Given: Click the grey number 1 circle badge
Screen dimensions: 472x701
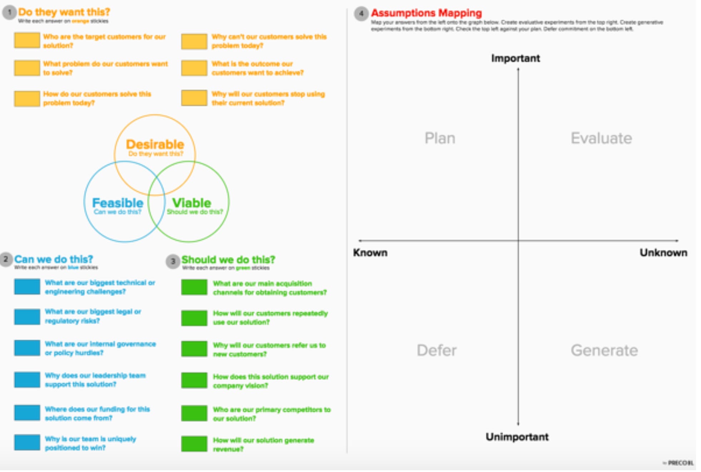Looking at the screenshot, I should click(x=9, y=12).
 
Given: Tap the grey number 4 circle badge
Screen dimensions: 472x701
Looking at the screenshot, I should click(x=361, y=14).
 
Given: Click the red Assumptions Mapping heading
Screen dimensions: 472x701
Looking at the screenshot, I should click(x=426, y=13).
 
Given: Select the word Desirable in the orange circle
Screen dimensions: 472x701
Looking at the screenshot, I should click(x=155, y=144).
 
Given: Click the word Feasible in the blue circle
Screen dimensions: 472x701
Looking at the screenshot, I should click(x=118, y=203).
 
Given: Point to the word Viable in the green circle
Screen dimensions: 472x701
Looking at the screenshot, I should click(x=192, y=203).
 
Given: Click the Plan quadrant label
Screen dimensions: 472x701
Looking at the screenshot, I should click(x=440, y=138).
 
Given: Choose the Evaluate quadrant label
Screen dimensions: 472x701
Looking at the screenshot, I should click(x=601, y=138).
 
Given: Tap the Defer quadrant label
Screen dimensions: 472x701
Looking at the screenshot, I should click(x=436, y=350).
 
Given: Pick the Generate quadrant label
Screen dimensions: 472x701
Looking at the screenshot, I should click(x=604, y=350).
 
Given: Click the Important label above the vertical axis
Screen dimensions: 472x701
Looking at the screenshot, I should click(x=515, y=58).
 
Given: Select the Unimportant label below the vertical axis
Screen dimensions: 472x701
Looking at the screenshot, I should click(x=517, y=437).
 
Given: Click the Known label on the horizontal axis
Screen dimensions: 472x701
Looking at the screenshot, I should click(x=370, y=253).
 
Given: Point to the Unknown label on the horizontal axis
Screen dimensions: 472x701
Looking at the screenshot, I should click(x=663, y=253).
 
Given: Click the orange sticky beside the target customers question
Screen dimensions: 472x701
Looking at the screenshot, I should click(x=27, y=40).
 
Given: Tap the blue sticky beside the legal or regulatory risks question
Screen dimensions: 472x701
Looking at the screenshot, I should click(x=27, y=317).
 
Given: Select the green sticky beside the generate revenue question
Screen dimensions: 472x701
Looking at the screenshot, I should click(x=194, y=444).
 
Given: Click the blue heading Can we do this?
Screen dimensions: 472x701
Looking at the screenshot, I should click(x=54, y=259).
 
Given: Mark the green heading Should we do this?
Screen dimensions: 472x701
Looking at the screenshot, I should click(x=228, y=260).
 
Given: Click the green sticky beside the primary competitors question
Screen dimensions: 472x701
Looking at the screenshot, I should click(x=194, y=413).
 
